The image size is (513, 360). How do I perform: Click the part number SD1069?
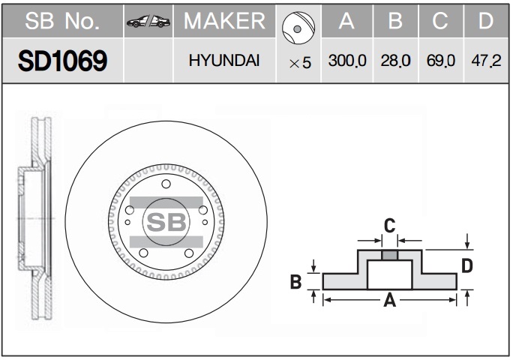tap(62, 61)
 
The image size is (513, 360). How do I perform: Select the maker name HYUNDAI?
tap(224, 61)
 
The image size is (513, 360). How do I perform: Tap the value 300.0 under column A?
tap(347, 61)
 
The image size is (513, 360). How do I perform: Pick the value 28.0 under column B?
tap(395, 61)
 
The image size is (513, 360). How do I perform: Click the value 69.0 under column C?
tap(441, 61)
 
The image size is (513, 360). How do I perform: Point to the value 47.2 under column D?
tap(486, 61)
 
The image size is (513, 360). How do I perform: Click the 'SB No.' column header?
tap(62, 21)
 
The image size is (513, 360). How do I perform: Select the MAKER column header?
tap(224, 21)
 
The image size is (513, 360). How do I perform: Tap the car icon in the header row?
tap(148, 21)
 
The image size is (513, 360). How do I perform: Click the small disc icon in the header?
tap(298, 28)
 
